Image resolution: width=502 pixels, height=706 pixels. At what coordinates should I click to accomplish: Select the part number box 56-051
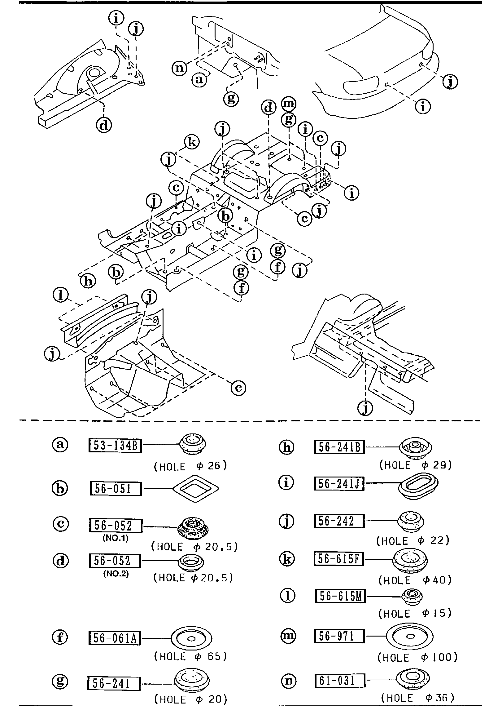click(x=116, y=489)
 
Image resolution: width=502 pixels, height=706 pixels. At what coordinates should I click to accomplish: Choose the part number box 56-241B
click(x=339, y=447)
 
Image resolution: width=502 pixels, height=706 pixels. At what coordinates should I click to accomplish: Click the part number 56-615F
click(x=339, y=559)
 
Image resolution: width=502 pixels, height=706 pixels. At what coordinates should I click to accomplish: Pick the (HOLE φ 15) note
click(x=415, y=613)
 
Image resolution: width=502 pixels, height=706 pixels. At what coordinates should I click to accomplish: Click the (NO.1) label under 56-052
click(x=115, y=538)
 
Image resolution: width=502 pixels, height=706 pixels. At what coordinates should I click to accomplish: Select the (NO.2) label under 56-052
click(x=116, y=574)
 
